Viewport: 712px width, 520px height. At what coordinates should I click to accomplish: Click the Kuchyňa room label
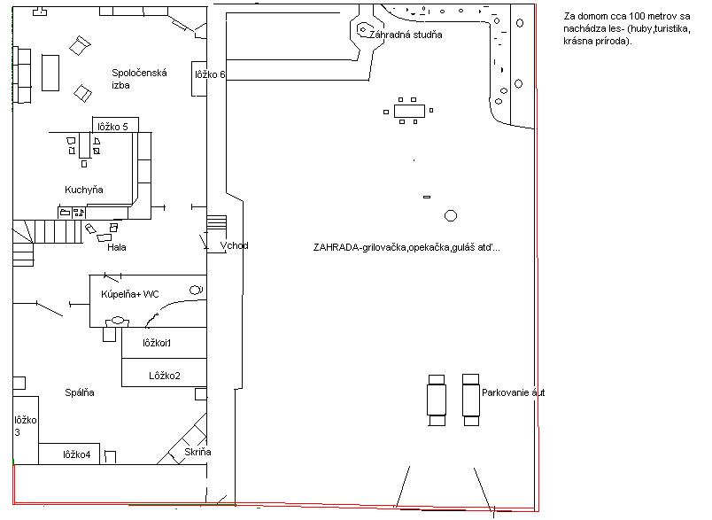click(x=84, y=190)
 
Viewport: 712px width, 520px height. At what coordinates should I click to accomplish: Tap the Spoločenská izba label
click(x=139, y=79)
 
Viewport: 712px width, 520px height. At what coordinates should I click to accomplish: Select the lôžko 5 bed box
click(x=115, y=125)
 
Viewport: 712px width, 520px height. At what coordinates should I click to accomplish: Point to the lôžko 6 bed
click(x=199, y=79)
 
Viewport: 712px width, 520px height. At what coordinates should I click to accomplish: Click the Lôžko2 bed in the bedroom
click(x=165, y=373)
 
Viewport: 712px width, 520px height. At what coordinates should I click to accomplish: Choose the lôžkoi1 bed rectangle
click(x=165, y=343)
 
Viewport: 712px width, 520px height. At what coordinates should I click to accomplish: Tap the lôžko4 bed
click(x=69, y=454)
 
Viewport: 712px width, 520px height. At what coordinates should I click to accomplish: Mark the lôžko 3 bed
click(x=26, y=430)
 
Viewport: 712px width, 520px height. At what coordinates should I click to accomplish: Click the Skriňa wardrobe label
click(x=197, y=452)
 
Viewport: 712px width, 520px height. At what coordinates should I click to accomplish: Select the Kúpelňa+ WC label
click(x=130, y=294)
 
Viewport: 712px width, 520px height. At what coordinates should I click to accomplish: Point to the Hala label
click(x=117, y=247)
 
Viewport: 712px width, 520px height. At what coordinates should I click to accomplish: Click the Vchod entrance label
click(x=235, y=245)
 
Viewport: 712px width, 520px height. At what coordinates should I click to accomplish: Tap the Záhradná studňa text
click(x=406, y=35)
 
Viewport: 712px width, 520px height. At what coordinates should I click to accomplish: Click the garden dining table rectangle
click(x=410, y=112)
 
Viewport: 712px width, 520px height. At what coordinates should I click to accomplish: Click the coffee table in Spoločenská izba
click(x=50, y=73)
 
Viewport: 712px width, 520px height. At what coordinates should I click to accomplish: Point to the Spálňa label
click(x=80, y=392)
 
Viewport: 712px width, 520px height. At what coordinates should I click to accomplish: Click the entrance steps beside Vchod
click(x=217, y=222)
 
